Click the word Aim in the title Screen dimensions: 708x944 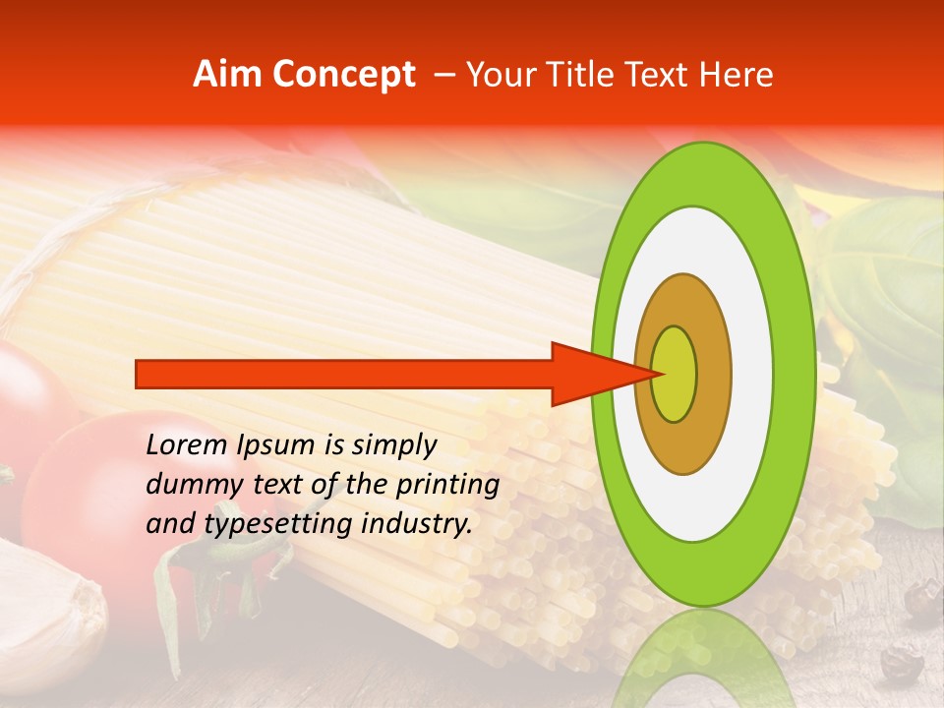pos(227,75)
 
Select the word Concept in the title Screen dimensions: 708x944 pos(343,75)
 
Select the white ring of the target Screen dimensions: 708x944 pos(751,374)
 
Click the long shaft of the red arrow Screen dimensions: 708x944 pos(344,374)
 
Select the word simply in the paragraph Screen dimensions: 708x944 pos(392,444)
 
